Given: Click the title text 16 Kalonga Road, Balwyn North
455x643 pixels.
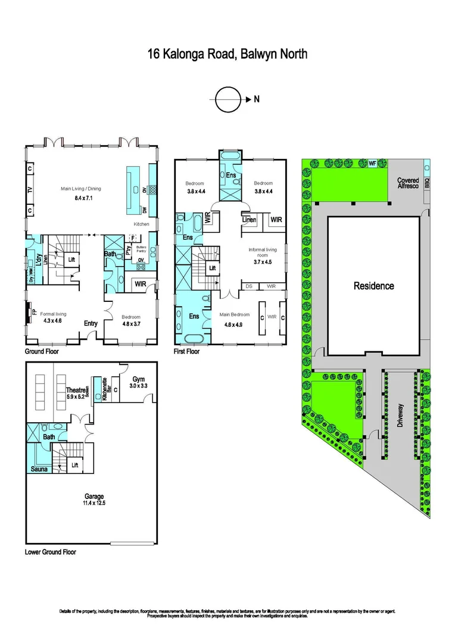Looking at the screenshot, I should pyautogui.click(x=227, y=55).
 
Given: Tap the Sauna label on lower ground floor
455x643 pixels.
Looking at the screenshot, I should pyautogui.click(x=39, y=469).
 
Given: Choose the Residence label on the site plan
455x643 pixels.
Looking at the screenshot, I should pyautogui.click(x=373, y=286).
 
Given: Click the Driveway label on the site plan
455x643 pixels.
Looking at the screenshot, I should pyautogui.click(x=400, y=417).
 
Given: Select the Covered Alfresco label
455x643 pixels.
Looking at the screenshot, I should pyautogui.click(x=408, y=183).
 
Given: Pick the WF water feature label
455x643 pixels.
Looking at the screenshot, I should pyautogui.click(x=372, y=163).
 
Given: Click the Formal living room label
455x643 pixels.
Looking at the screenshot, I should pyautogui.click(x=53, y=314).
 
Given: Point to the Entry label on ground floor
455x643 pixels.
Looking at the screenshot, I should pyautogui.click(x=91, y=323).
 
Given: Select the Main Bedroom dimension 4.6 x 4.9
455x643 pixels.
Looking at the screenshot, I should pyautogui.click(x=233, y=325).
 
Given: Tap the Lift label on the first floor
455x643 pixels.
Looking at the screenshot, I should pyautogui.click(x=211, y=269).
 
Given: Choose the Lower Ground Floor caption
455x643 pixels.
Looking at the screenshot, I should pyautogui.click(x=51, y=552).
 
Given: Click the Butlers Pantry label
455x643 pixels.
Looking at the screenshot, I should pyautogui.click(x=141, y=249).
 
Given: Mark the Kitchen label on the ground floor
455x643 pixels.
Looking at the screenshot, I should pyautogui.click(x=141, y=224).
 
